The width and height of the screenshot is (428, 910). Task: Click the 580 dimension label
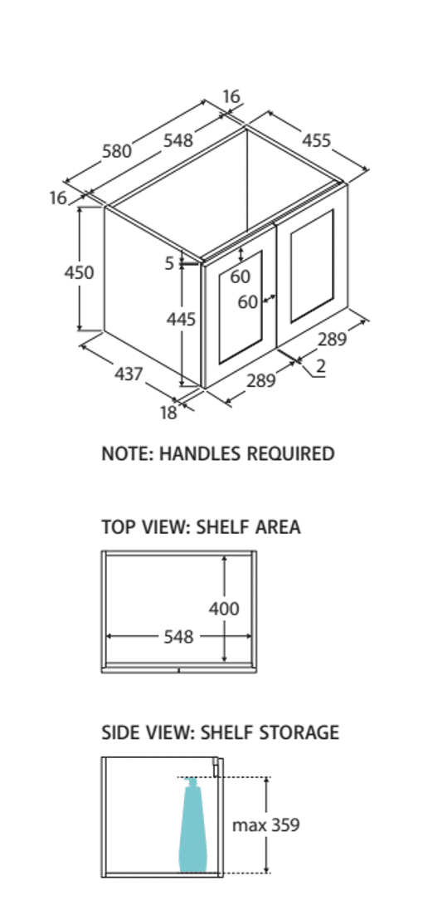pos(117,151)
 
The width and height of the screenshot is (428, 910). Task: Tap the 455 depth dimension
pos(317,139)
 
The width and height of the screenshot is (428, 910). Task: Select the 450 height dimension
pos(79,272)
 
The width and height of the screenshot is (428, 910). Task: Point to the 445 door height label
pos(181,319)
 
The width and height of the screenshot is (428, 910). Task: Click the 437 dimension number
pos(129,374)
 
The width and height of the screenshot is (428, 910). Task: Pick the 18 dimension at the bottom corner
pos(168,413)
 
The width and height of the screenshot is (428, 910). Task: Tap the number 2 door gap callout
pos(321,366)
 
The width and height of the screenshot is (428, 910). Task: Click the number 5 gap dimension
pos(169,263)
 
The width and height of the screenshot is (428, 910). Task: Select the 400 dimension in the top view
pos(224,609)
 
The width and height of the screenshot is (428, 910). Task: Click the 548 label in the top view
pos(178,637)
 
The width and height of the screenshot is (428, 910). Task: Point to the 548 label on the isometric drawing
pos(178,140)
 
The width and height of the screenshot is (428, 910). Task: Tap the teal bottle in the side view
pos(192,825)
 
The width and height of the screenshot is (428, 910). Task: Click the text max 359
pos(265,824)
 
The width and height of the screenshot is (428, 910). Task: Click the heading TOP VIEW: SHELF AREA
pos(201,527)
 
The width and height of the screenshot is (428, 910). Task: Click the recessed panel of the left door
pos(240,307)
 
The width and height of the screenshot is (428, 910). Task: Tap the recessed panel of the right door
pos(312,266)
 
